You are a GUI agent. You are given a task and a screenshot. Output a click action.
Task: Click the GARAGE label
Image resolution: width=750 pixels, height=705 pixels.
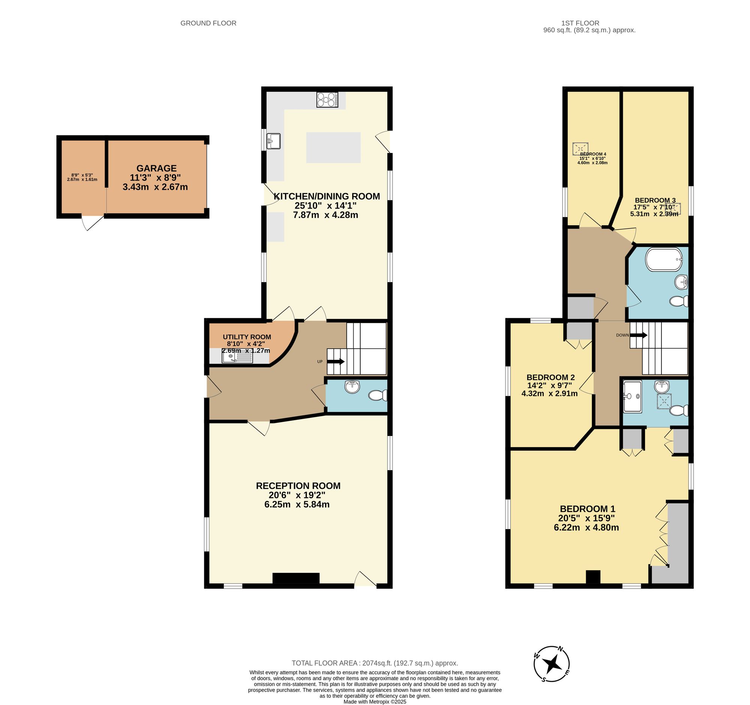(x=156, y=168)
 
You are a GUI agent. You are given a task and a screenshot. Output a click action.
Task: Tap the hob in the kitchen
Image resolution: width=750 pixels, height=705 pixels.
(x=327, y=100)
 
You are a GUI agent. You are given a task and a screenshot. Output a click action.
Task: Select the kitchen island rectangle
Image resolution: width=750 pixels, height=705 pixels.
(x=333, y=147)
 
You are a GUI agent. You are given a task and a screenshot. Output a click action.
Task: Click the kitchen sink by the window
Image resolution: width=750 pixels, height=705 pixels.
(x=273, y=141)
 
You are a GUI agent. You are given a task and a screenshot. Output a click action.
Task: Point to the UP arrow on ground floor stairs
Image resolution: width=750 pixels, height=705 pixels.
(x=335, y=361)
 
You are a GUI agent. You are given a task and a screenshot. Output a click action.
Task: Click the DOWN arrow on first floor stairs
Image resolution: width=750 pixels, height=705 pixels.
(x=638, y=335)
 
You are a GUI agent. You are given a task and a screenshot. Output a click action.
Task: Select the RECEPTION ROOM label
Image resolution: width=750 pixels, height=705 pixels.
(x=298, y=486)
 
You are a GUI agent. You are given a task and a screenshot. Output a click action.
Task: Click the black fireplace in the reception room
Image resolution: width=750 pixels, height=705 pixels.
(x=296, y=578)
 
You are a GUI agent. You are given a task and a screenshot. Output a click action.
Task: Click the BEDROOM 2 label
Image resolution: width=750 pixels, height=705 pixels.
(x=550, y=377)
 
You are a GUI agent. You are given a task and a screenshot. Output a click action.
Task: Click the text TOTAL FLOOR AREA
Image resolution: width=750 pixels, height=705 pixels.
(x=324, y=663)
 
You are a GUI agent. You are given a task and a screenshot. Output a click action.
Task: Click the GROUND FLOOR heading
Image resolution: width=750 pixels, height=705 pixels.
(x=208, y=23)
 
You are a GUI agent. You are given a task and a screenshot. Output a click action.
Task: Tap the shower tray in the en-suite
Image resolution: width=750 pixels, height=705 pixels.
(x=632, y=396)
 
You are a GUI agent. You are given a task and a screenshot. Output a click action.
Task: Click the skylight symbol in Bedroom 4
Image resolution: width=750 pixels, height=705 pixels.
(x=580, y=149)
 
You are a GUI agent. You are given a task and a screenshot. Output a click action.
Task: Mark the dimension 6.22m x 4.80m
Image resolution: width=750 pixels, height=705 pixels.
(x=586, y=528)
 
